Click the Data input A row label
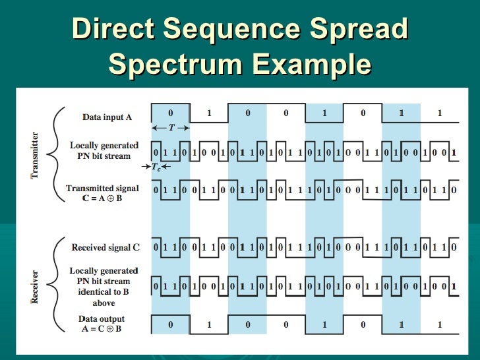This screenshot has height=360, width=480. click(x=107, y=117)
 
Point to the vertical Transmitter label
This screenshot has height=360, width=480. click(x=35, y=155)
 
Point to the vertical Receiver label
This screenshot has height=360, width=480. click(x=35, y=285)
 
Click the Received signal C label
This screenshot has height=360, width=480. click(x=105, y=247)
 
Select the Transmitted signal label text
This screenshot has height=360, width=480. click(x=102, y=188)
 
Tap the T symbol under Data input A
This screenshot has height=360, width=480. click(x=171, y=128)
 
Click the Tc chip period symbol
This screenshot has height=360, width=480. click(x=156, y=167)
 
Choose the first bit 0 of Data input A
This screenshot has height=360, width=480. click(x=171, y=113)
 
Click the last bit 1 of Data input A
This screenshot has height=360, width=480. click(x=440, y=113)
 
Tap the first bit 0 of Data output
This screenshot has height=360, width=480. click(x=171, y=324)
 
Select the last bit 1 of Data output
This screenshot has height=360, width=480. click(x=440, y=324)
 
